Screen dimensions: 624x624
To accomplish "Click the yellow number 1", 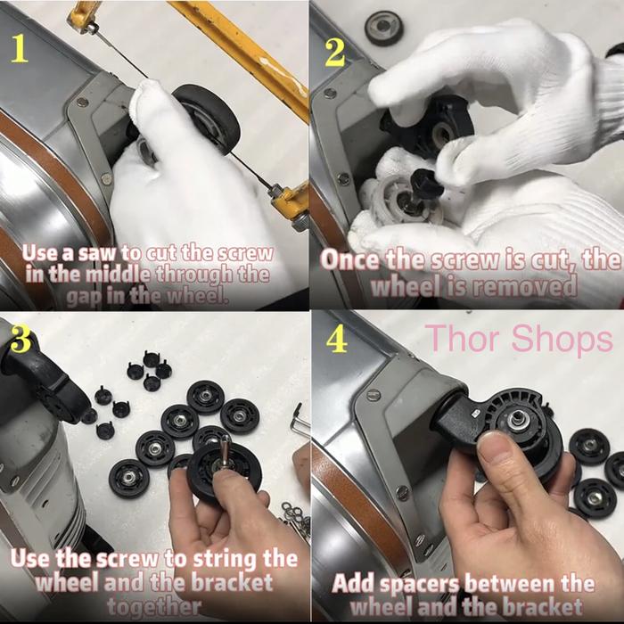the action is click(x=20, y=48).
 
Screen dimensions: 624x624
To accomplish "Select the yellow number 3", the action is click(x=21, y=338).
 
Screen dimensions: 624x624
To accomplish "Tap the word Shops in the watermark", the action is click(x=562, y=340).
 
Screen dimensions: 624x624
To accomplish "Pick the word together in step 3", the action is click(x=153, y=606).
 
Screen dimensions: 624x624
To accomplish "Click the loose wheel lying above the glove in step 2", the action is click(x=384, y=29).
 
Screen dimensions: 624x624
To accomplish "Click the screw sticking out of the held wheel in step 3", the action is click(x=225, y=452).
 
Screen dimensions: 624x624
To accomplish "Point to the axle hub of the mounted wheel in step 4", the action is click(x=517, y=419).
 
